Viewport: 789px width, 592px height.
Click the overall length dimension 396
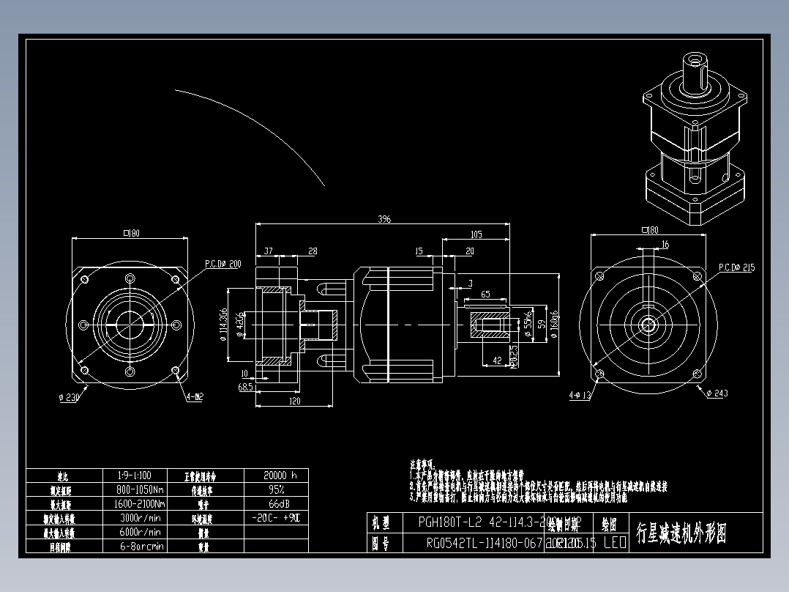coord(384,218)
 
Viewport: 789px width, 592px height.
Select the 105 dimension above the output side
coord(476,234)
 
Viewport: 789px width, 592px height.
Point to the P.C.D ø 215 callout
coord(736,267)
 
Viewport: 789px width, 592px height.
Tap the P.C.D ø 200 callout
coord(223,263)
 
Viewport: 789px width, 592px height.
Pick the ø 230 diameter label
coord(69,398)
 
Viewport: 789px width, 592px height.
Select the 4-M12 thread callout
coord(195,396)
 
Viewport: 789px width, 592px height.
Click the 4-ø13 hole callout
coord(580,396)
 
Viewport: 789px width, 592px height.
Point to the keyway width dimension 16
coord(665,244)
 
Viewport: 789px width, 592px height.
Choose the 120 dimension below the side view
coord(295,401)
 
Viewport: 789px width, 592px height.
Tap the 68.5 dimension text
coord(245,385)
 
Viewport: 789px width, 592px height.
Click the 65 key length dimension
coord(485,294)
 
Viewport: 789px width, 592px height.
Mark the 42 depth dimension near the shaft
coord(497,360)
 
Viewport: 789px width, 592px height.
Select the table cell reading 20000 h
coord(276,476)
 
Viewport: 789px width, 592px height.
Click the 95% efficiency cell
coord(276,489)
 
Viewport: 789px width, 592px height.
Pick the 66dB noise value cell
coord(276,504)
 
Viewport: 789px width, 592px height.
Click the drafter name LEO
coord(614,543)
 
